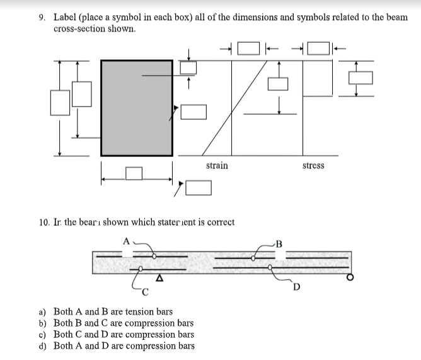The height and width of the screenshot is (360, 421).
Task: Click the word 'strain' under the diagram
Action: tap(217, 165)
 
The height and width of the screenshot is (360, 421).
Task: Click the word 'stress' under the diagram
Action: tap(313, 165)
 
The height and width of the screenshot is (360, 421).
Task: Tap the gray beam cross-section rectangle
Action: tap(137, 108)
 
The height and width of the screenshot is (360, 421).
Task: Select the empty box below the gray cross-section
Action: tap(134, 173)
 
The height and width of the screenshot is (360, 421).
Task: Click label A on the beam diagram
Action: tap(126, 241)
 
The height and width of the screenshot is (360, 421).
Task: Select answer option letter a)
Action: tap(42, 311)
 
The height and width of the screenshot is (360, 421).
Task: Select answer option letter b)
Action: tap(42, 323)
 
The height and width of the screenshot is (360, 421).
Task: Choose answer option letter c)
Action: tap(42, 334)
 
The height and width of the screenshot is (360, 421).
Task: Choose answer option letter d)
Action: tap(42, 345)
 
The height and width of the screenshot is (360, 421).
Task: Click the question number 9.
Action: tap(42, 17)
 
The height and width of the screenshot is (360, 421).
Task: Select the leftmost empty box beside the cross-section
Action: tap(60, 103)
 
